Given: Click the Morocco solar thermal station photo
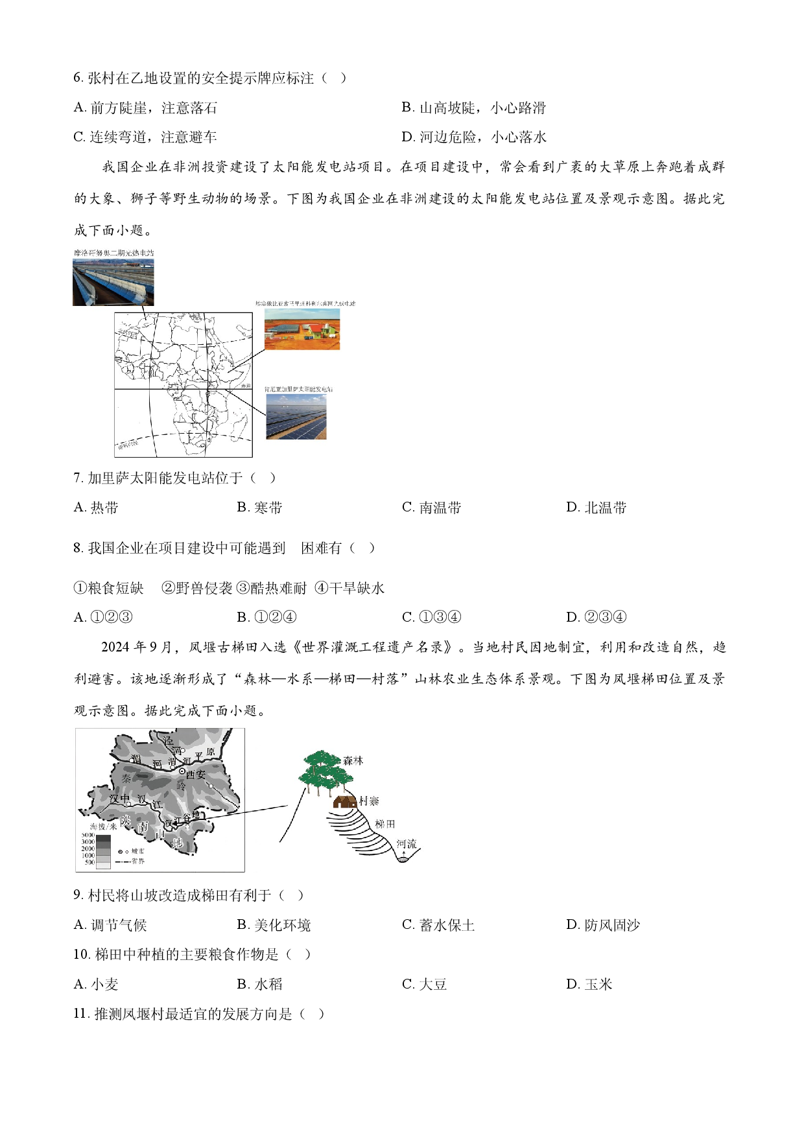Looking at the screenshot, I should pyautogui.click(x=113, y=282).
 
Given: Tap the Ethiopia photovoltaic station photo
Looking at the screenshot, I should pyautogui.click(x=301, y=329).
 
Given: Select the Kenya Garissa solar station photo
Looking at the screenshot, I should pyautogui.click(x=296, y=416).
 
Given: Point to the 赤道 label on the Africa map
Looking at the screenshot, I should pyautogui.click(x=246, y=386).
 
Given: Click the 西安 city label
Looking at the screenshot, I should pyautogui.click(x=196, y=774).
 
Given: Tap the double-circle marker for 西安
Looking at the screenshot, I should pyautogui.click(x=182, y=771).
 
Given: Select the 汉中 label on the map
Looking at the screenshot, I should pyautogui.click(x=119, y=799).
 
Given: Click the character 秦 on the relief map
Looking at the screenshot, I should pyautogui.click(x=126, y=779).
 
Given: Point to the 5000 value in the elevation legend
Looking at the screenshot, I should pyautogui.click(x=88, y=836).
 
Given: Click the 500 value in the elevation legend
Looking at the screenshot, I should pyautogui.click(x=89, y=863).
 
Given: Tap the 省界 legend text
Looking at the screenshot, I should pyautogui.click(x=138, y=862).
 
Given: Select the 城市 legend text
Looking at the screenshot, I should pyautogui.click(x=138, y=851).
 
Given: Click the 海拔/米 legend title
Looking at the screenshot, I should pyautogui.click(x=104, y=826).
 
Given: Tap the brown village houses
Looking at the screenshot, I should pyautogui.click(x=344, y=802).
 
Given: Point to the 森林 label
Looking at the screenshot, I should pyautogui.click(x=353, y=760).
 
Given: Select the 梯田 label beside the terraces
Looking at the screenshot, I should pyautogui.click(x=385, y=824).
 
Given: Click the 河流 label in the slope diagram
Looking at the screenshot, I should pyautogui.click(x=407, y=844).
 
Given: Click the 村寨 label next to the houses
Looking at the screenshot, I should pyautogui.click(x=369, y=801).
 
